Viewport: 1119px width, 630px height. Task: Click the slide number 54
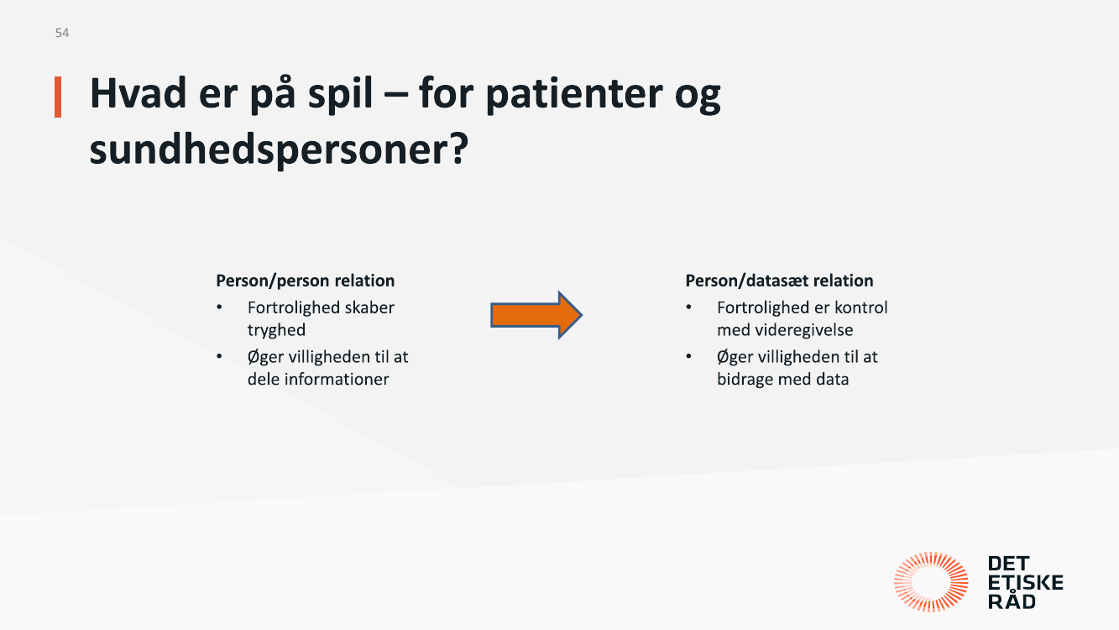pos(62,33)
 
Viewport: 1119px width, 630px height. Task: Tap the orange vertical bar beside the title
pos(58,97)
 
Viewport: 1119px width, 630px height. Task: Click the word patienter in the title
pos(574,94)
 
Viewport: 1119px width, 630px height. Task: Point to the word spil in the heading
pos(340,94)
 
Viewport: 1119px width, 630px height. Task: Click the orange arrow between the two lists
pos(536,315)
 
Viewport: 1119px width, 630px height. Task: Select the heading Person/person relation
pos(306,281)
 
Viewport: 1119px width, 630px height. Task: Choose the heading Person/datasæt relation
pos(779,281)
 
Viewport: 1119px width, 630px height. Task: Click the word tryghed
pos(276,330)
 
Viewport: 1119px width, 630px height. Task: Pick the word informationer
pos(337,379)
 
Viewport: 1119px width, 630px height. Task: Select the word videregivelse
pos(804,330)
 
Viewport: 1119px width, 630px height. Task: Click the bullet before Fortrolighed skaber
pos(219,307)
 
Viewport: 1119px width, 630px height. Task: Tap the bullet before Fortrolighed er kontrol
pos(689,307)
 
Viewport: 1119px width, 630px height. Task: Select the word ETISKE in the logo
pos(1026,583)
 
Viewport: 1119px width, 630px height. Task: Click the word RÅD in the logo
pos(1012,601)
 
